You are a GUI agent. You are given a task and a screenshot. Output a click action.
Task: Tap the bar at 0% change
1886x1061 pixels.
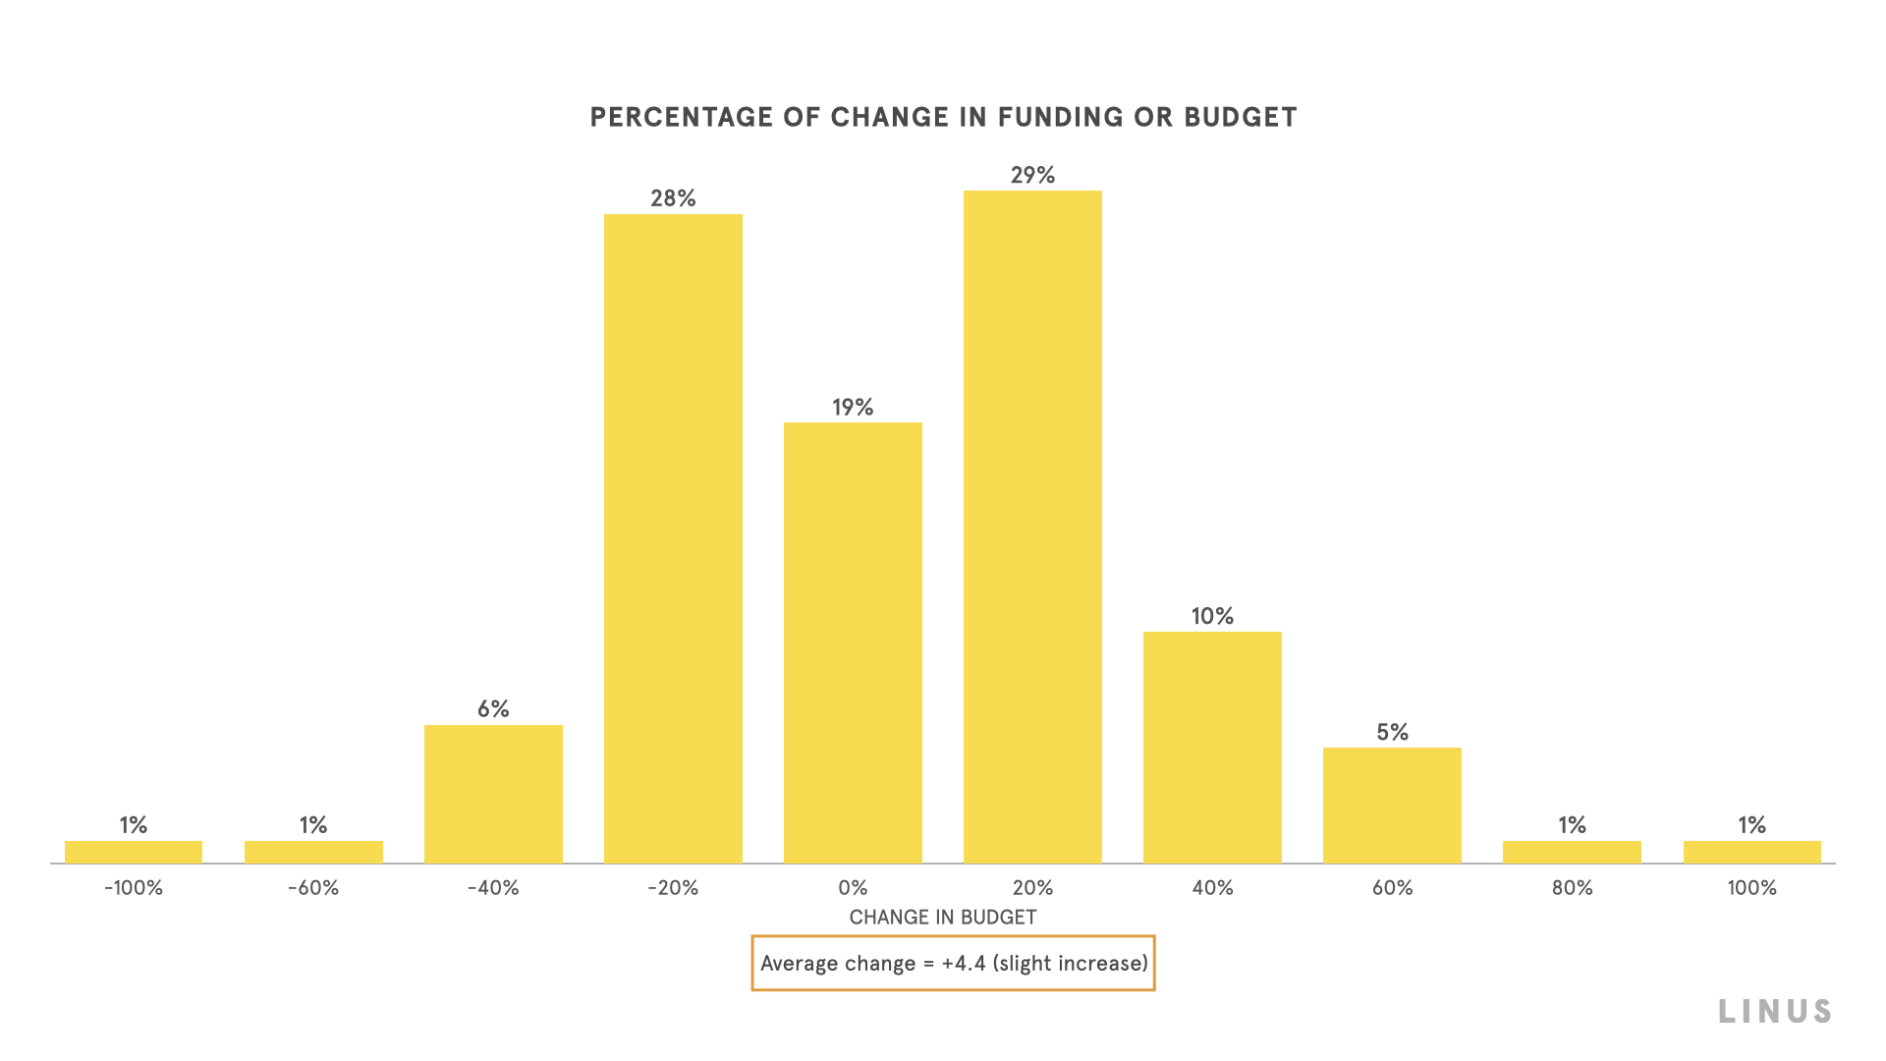853,642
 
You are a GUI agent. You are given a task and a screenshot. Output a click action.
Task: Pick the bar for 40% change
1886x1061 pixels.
1212,748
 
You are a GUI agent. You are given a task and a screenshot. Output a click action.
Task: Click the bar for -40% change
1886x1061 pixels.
493,794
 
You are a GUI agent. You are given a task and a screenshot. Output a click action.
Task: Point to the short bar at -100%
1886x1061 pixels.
134,852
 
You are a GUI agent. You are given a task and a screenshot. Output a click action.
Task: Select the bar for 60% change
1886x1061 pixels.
1392,806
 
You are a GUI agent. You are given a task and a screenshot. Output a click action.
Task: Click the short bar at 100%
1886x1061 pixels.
1751,852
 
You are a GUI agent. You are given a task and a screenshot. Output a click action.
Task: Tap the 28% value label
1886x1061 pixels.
673,198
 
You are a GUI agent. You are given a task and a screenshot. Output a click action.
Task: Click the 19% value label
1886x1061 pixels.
853,407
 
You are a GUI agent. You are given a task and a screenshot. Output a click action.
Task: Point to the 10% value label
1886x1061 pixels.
1212,616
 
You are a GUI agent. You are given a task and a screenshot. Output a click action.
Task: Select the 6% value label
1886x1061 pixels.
493,709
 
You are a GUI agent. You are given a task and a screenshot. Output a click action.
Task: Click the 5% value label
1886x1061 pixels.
1392,732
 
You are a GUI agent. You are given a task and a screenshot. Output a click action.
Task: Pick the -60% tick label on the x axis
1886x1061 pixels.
313,888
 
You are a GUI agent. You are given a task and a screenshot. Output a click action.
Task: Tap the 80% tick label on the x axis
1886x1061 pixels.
1572,888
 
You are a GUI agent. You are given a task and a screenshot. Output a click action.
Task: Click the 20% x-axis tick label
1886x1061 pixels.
1032,888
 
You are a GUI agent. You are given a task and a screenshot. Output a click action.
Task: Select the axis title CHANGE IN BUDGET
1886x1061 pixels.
943,918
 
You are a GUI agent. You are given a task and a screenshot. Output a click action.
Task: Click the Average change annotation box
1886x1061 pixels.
953,963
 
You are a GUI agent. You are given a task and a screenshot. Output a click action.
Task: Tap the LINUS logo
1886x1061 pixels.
1774,1012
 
